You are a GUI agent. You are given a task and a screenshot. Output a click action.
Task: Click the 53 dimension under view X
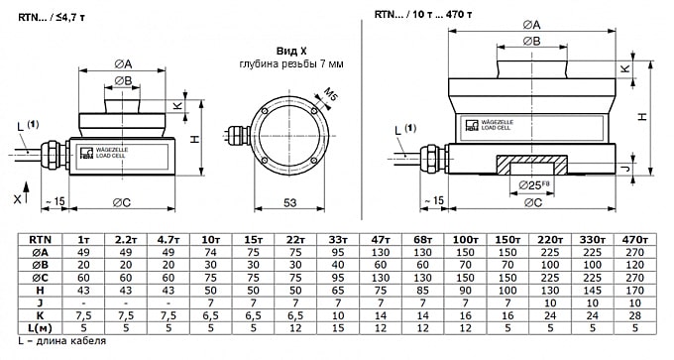tap(290, 202)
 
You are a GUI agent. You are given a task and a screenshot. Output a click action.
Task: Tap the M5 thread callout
tap(330, 94)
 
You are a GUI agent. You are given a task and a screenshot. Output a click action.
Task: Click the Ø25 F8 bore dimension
tap(534, 185)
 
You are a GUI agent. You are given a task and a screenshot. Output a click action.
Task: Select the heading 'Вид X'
tap(291, 52)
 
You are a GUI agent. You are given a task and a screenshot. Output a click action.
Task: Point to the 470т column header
tap(635, 240)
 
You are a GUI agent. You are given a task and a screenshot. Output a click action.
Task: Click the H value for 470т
tap(635, 291)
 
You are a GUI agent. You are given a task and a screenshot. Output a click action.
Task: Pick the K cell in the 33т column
tap(338, 315)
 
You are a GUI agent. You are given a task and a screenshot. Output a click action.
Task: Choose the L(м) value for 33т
tap(338, 328)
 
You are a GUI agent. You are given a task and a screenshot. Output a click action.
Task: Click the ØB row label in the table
tap(40, 265)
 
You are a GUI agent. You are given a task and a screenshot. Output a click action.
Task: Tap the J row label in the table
tap(40, 303)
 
